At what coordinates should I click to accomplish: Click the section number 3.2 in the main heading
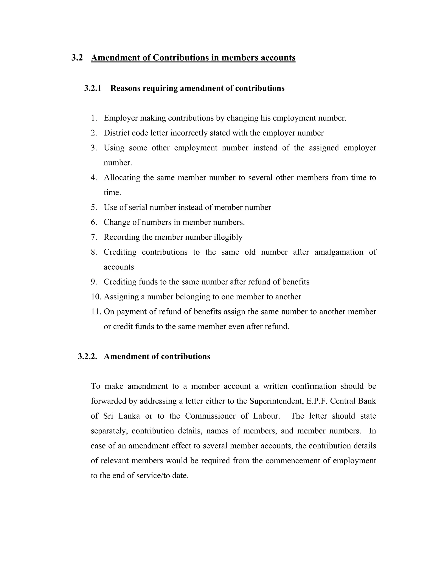[x=77, y=58]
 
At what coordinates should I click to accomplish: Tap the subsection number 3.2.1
[x=92, y=88]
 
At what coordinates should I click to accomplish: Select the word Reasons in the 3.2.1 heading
[x=125, y=88]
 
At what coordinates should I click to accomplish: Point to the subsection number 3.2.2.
[x=87, y=356]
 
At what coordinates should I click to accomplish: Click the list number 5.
[x=94, y=208]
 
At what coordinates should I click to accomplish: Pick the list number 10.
[x=96, y=297]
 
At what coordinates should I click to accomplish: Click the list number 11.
[x=96, y=312]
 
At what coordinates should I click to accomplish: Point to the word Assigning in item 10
[x=121, y=297]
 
